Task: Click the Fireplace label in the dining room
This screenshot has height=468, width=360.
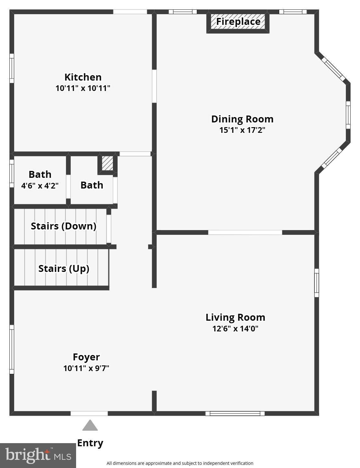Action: click(x=238, y=22)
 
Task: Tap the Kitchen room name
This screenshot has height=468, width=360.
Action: click(x=83, y=77)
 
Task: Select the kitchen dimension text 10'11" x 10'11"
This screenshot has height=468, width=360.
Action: click(x=83, y=88)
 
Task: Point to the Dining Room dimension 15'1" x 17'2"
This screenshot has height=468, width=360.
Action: click(x=242, y=130)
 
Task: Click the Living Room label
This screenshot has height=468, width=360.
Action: click(x=235, y=317)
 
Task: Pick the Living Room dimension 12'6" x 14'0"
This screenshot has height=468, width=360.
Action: click(x=235, y=329)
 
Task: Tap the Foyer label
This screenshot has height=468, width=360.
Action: click(x=86, y=357)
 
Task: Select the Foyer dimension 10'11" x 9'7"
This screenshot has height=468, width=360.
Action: click(x=86, y=368)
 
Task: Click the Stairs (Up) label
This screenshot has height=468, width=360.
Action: click(x=64, y=268)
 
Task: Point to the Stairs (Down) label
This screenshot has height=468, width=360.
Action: click(x=64, y=226)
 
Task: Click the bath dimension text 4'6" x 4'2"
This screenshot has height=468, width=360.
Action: click(x=40, y=186)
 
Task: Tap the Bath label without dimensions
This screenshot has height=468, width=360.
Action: click(x=92, y=185)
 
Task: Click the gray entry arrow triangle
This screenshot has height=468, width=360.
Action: click(x=90, y=426)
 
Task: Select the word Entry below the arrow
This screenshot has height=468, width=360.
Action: click(x=90, y=443)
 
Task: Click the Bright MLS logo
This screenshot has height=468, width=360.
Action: click(x=38, y=455)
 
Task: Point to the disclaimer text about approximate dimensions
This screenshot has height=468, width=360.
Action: click(x=180, y=463)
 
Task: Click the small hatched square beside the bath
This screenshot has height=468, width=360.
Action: click(x=107, y=163)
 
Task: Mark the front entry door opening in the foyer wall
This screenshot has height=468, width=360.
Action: click(x=89, y=413)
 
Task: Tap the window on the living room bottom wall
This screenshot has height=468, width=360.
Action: click(x=235, y=413)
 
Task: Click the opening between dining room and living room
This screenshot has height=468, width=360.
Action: click(x=245, y=232)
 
